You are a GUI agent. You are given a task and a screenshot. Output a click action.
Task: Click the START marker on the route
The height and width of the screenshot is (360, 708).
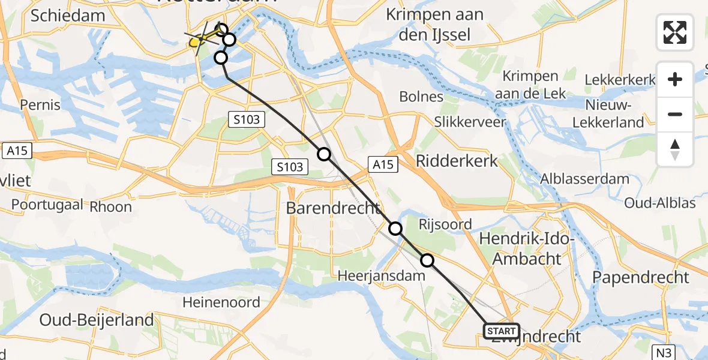[x=501, y=331]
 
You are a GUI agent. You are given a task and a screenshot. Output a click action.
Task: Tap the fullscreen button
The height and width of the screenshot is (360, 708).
[x=675, y=32]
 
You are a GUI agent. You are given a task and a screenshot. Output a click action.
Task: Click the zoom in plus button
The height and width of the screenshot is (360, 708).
[x=675, y=79]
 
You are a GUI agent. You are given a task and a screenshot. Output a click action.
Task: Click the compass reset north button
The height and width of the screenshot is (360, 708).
[x=675, y=149]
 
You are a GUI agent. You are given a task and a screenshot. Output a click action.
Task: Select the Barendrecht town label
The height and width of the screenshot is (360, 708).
[x=333, y=208]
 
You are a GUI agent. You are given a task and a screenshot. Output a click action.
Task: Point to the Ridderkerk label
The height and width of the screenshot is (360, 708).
[x=457, y=161]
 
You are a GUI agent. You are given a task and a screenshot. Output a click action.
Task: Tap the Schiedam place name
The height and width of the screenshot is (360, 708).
[x=67, y=16]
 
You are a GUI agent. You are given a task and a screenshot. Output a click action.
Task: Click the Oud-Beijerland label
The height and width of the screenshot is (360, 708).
[x=97, y=320]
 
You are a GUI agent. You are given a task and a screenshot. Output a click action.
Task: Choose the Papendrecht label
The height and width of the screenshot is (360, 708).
[x=641, y=277]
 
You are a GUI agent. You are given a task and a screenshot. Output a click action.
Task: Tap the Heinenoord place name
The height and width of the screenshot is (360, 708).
[x=222, y=302]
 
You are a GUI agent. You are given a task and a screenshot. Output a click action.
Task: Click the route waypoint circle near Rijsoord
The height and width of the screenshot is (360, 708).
[x=395, y=229]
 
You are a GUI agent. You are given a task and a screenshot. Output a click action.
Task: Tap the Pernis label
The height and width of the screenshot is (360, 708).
[x=40, y=104]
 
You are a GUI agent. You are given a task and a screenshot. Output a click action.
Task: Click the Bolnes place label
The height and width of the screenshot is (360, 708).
[x=421, y=97]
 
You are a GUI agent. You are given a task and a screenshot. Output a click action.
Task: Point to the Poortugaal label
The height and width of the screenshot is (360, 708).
[x=47, y=205]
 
